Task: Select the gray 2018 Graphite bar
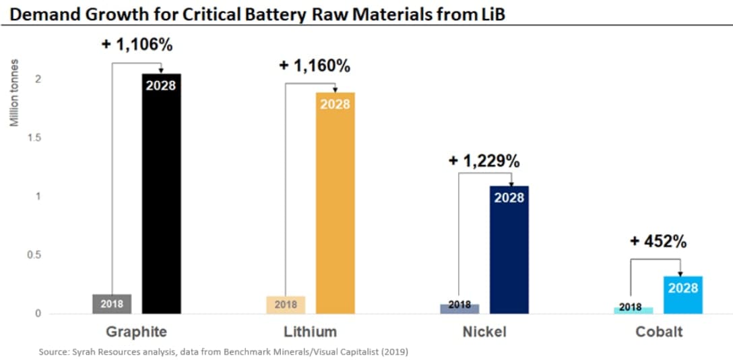tap(112, 304)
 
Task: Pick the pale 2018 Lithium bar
tap(286, 305)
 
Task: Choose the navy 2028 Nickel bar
tap(509, 249)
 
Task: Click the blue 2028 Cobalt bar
tap(683, 295)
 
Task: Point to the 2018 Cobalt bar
tap(633, 310)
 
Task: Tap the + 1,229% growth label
tap(484, 161)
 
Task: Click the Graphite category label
tap(136, 332)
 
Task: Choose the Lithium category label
tap(311, 332)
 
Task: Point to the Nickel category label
tap(484, 332)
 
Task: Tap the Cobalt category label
tap(658, 332)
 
